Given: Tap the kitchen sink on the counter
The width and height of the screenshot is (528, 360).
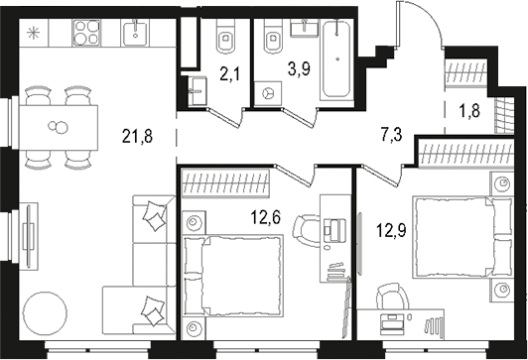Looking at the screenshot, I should pyautogui.click(x=136, y=34).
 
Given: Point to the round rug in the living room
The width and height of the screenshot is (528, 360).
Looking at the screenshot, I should pyautogui.click(x=48, y=314).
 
